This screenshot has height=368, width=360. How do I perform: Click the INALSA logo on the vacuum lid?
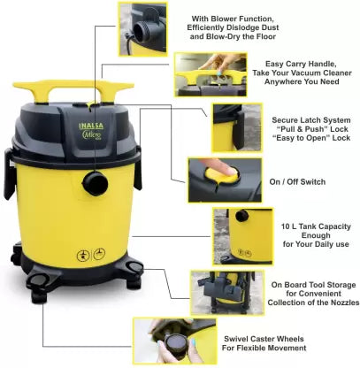coord(91,126)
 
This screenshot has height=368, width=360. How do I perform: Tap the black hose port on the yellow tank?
coord(95,183)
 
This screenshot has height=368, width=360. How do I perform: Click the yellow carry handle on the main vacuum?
coord(73,91)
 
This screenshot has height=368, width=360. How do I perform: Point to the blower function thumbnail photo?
coord(142,29)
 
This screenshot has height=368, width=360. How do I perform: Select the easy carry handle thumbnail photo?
coord(211,74)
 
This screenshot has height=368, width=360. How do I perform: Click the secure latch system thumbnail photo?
coord(237,127)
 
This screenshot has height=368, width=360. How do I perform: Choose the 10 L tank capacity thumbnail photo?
coord(243,236)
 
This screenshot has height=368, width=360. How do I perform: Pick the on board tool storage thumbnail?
coord(227,293)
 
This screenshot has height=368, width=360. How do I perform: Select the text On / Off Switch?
coord(297,182)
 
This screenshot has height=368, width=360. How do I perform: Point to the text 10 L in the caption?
coord(288,226)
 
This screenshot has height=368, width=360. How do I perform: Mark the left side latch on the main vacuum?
coord(9,173)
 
